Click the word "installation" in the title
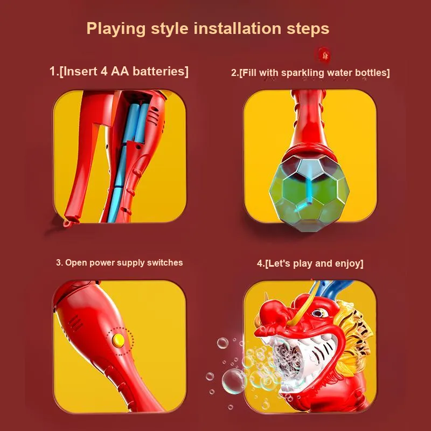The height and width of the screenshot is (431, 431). click(237, 28)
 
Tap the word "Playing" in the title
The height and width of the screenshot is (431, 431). click(116, 29)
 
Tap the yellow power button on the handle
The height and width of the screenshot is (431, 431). click(118, 340)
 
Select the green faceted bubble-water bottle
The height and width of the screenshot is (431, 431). click(309, 192)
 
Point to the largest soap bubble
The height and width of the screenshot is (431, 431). click(233, 381)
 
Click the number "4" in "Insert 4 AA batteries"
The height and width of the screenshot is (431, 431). click(104, 71)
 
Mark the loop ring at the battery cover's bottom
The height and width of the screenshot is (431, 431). click(67, 223)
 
